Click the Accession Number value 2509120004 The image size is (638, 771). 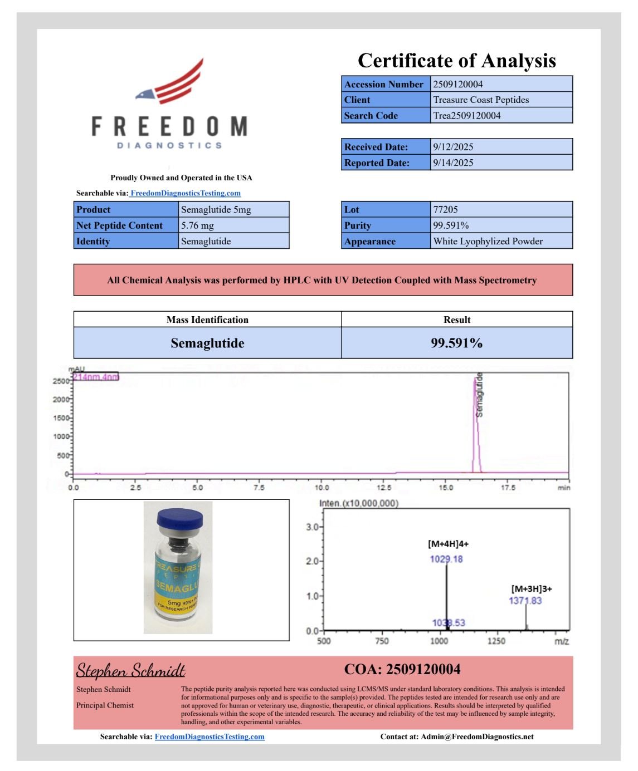point(458,84)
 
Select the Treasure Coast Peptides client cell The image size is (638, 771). point(481,100)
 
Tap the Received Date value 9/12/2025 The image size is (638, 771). point(453,147)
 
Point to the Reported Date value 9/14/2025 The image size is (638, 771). point(453,163)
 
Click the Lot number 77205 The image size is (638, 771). point(445,209)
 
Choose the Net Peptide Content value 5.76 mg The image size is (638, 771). point(197,225)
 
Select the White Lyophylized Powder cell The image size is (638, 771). point(488,241)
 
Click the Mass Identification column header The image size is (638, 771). point(207,320)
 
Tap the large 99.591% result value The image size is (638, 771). point(456,343)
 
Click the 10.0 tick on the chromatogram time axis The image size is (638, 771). point(322,488)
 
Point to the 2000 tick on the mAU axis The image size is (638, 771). point(61,399)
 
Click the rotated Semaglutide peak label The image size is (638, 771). point(480,395)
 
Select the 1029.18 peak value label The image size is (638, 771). point(446,559)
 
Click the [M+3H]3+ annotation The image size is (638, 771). point(531,588)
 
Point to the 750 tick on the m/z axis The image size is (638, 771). point(382,641)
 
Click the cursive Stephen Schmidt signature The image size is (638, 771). point(130,670)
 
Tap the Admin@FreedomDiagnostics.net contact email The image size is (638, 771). point(477,736)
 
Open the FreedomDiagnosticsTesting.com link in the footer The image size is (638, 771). point(210,736)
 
